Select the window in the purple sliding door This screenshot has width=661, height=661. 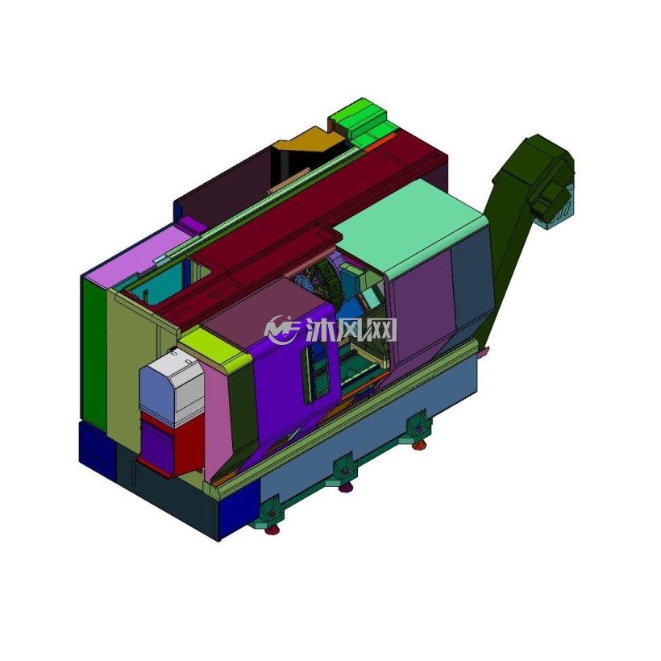click(315, 368)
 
